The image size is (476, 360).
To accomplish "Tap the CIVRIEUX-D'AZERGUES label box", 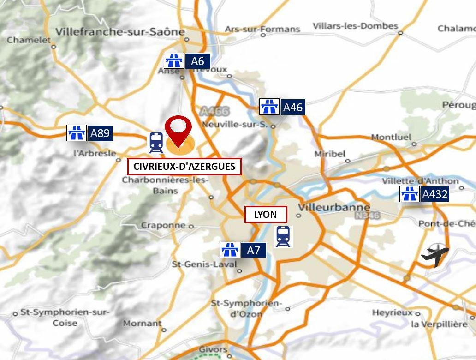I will pos(184,167).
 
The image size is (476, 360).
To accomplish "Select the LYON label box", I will pos(265,215).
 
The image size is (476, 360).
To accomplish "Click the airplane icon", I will pos(435,255).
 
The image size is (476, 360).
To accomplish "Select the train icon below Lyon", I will pos(283,236).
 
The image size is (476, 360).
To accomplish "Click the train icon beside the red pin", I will pos(156,143).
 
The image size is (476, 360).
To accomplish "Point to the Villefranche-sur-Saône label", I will pos(120,32).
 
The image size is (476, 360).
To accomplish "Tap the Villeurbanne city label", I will pos(334,207).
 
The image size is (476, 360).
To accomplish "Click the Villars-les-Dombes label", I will pos(355,26).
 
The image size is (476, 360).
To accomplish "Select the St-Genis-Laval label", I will pos(204,264).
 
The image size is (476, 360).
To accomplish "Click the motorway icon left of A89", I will pos(77,133).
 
